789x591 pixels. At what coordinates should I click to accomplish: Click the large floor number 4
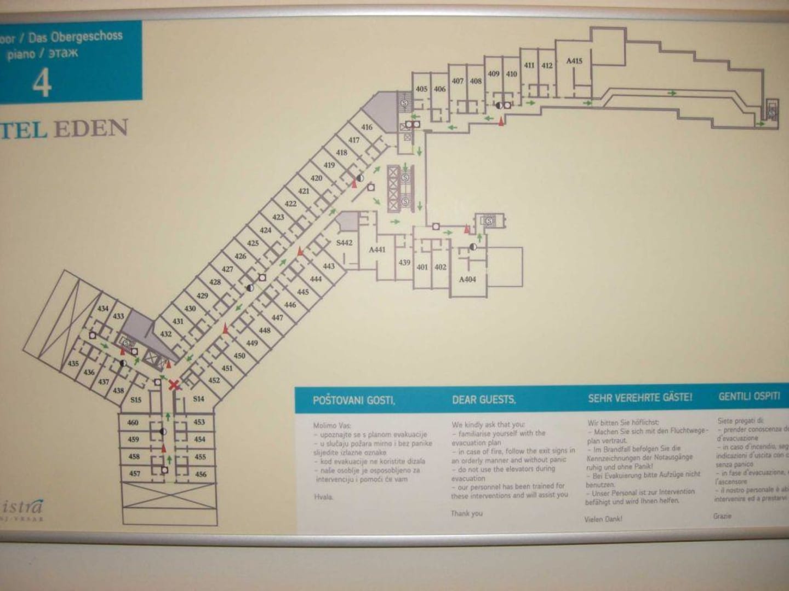[42, 83]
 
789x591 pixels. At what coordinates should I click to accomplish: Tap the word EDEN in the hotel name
[91, 129]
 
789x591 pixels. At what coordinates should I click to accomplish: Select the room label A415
[574, 61]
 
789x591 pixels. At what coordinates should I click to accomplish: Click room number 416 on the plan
[367, 127]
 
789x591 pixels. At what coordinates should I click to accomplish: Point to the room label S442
[344, 242]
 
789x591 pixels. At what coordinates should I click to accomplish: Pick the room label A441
[377, 250]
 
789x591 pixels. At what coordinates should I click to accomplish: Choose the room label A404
[467, 279]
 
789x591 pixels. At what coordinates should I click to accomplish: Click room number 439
[404, 263]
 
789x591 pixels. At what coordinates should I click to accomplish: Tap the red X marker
[174, 385]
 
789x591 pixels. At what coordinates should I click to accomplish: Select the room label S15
[136, 400]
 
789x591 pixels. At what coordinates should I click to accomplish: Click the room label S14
[198, 399]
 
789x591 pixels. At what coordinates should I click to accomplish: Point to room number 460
[133, 422]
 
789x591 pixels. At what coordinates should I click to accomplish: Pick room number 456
[201, 474]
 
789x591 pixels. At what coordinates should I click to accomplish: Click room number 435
[73, 363]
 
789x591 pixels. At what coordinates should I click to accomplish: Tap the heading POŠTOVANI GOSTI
[353, 400]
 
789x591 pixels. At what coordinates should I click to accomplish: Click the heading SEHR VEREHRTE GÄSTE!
[640, 398]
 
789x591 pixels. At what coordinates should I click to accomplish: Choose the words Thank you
[467, 513]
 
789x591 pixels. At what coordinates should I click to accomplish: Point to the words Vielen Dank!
[603, 519]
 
